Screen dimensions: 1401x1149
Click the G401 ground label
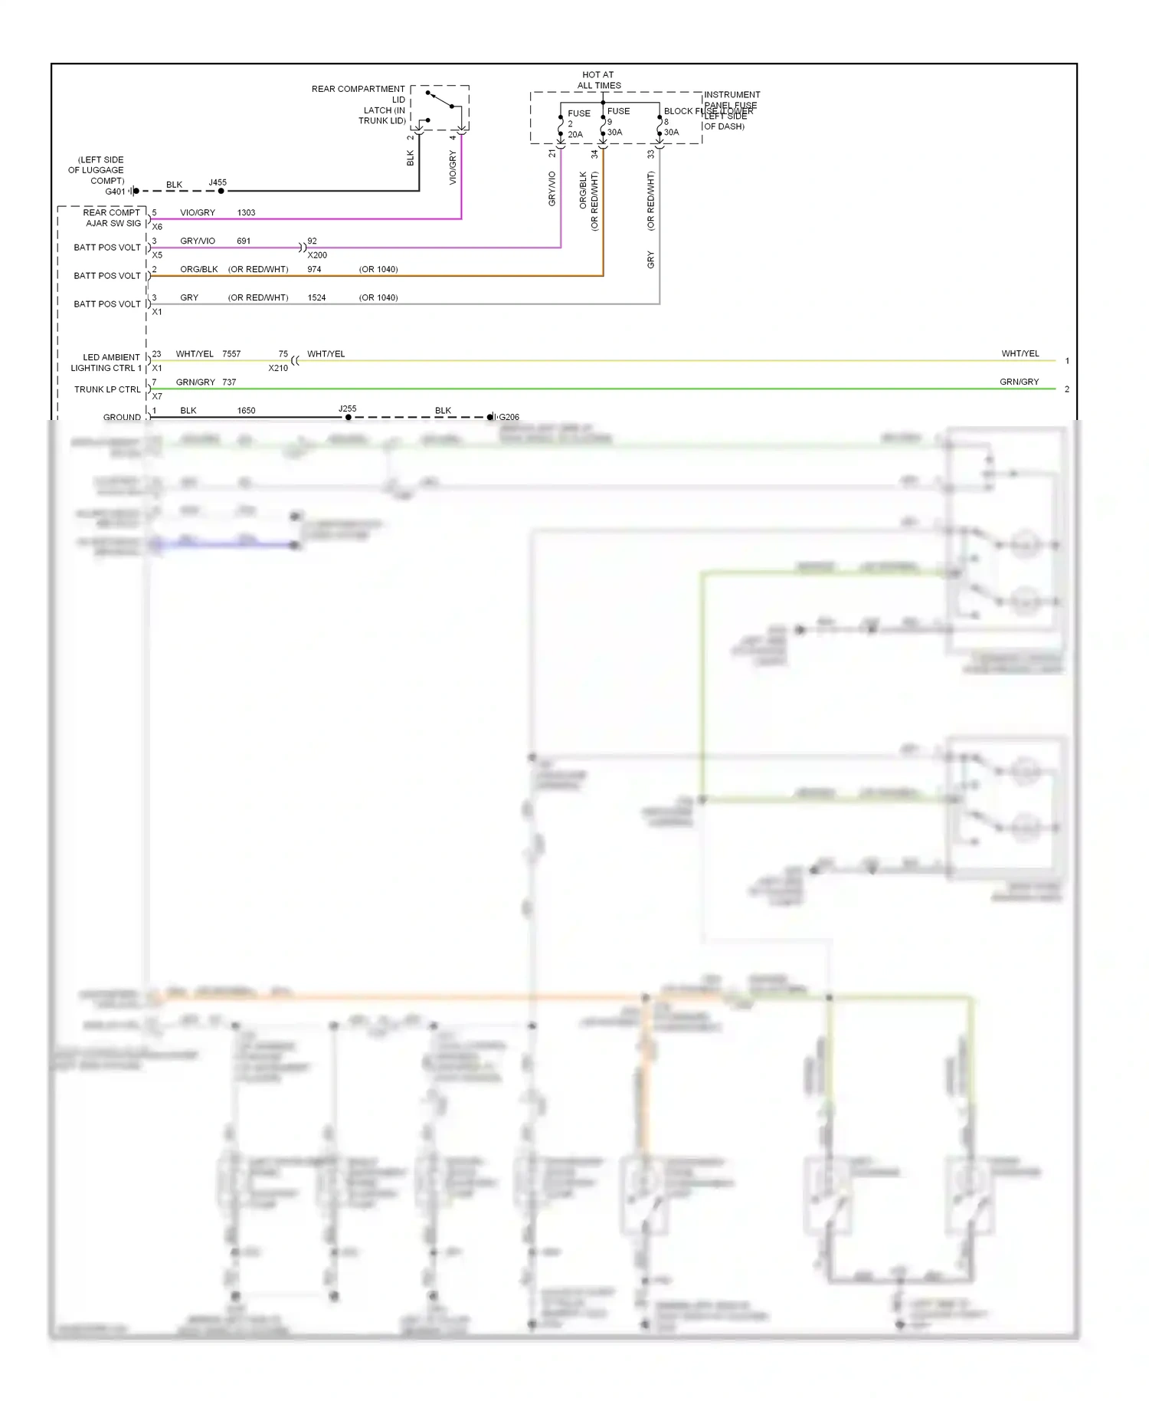click(x=115, y=192)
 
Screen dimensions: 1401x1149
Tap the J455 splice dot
click(x=221, y=191)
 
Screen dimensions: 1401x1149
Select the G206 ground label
click(x=509, y=418)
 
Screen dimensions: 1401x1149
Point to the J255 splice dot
click(x=348, y=418)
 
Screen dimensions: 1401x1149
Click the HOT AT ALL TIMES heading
click(x=598, y=80)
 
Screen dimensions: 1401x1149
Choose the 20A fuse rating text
click(x=575, y=135)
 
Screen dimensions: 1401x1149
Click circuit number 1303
click(x=246, y=213)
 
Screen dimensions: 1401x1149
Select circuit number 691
click(x=244, y=241)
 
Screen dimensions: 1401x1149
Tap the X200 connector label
click(x=317, y=255)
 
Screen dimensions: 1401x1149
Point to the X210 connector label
click(x=278, y=369)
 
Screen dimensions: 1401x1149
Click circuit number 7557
click(x=231, y=354)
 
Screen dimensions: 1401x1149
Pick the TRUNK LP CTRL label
click(x=107, y=389)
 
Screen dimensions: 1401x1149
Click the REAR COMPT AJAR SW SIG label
click(x=112, y=218)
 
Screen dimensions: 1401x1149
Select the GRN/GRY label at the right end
click(x=1019, y=382)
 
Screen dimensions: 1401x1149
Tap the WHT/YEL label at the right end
click(x=1020, y=354)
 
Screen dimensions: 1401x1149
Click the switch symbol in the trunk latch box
click(x=440, y=100)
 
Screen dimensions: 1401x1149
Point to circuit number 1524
click(x=316, y=298)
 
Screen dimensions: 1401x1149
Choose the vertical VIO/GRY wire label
click(x=453, y=167)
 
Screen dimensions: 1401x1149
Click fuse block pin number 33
click(x=650, y=154)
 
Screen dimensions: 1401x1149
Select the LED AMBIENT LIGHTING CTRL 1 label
click(x=107, y=363)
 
